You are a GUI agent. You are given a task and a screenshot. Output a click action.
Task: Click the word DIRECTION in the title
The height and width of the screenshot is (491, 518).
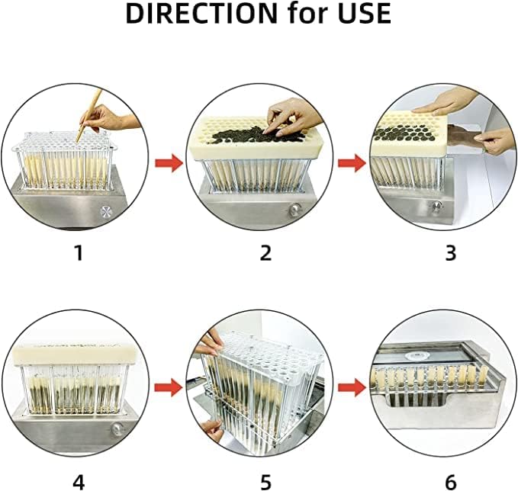click(x=202, y=14)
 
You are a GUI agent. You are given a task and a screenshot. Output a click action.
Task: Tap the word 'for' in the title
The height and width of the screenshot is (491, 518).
click(x=308, y=13)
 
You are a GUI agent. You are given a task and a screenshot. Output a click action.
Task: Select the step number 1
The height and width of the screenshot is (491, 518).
click(x=79, y=253)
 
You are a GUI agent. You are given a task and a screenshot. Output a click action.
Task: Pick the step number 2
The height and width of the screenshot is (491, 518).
click(x=265, y=253)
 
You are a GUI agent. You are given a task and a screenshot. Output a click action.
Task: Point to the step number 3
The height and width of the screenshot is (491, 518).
click(x=451, y=253)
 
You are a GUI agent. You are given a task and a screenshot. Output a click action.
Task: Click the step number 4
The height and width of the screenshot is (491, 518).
click(x=79, y=483)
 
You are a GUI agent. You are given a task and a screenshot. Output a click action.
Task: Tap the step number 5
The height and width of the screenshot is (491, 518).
click(x=265, y=483)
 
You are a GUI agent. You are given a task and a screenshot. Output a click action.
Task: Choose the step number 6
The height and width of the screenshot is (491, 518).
click(x=451, y=483)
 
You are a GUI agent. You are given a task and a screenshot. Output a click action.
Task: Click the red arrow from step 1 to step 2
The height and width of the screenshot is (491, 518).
click(x=169, y=162)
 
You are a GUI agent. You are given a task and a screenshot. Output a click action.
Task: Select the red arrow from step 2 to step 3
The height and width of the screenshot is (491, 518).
click(x=352, y=162)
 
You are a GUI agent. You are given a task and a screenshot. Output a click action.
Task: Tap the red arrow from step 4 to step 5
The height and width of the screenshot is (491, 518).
click(x=169, y=388)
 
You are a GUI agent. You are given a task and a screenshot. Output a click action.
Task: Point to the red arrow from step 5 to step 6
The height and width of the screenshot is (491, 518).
click(x=352, y=388)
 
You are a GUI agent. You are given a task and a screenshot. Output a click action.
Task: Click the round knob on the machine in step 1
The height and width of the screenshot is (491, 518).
click(x=106, y=212)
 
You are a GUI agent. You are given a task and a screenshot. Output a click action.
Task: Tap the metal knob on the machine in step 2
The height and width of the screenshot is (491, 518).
click(x=294, y=210)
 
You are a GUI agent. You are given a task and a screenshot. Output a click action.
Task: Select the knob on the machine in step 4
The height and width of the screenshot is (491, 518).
click(x=117, y=429)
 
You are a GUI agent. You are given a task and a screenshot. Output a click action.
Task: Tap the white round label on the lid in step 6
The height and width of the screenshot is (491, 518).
click(x=417, y=355)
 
